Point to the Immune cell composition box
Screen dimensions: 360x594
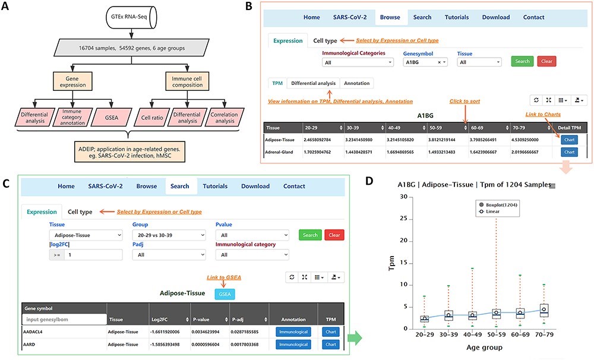coord(187,81)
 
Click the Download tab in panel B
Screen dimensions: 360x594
coord(495,17)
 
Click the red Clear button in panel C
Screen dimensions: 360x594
coord(334,235)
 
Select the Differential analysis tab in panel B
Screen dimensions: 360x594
coord(312,83)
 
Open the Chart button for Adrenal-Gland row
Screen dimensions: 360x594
coord(569,152)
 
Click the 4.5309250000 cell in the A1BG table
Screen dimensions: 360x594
coord(530,140)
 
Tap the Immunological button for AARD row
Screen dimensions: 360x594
coord(293,345)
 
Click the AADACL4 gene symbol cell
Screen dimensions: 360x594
coord(36,331)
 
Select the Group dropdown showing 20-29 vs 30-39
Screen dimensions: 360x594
coord(168,235)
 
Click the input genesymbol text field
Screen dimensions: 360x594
coord(64,320)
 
